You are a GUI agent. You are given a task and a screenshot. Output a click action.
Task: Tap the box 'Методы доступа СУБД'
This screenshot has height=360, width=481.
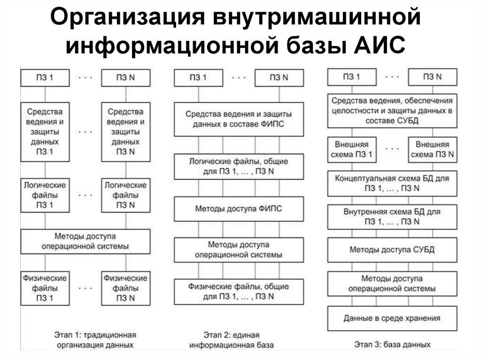(392, 249)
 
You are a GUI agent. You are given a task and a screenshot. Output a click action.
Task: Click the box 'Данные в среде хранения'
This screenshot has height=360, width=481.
(392, 318)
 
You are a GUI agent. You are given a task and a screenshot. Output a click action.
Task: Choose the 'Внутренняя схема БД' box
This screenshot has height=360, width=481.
(392, 216)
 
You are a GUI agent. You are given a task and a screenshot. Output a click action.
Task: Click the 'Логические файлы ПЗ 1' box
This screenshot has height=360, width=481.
(45, 194)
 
